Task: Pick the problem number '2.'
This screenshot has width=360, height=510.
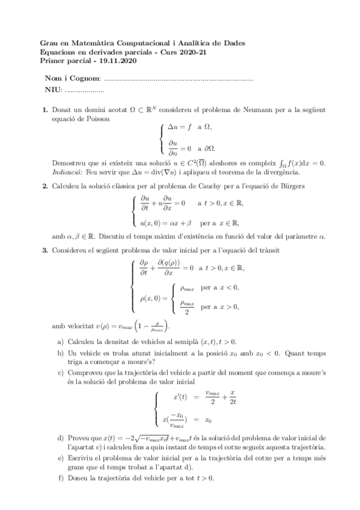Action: coord(44,187)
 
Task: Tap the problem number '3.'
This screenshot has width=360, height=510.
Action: coord(44,249)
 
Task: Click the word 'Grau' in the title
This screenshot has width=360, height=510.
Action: coord(48,44)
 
